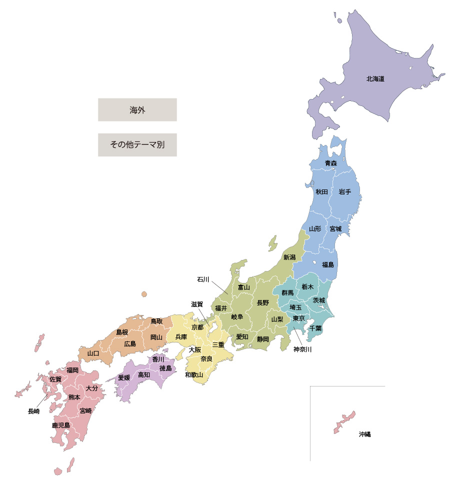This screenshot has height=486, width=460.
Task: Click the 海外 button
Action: click(x=137, y=110)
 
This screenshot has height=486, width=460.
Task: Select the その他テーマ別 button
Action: click(x=137, y=145)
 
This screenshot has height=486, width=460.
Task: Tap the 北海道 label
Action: click(x=375, y=79)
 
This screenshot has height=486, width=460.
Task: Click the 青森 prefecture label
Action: click(x=330, y=163)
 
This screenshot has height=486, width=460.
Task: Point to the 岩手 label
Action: click(x=344, y=192)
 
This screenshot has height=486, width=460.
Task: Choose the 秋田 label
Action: click(x=321, y=192)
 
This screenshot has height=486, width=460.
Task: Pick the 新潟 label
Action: click(x=289, y=257)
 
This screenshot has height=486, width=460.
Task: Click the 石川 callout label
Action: click(x=203, y=280)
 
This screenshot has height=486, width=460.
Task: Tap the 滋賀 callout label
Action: click(x=197, y=304)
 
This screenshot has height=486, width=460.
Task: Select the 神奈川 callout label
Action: click(x=302, y=349)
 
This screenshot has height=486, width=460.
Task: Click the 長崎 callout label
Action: click(x=33, y=411)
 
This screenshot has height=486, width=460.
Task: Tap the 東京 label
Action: click(x=299, y=318)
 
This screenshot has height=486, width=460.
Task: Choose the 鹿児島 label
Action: click(x=60, y=425)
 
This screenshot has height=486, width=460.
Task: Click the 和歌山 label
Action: click(x=194, y=374)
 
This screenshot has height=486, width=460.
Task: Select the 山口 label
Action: click(x=93, y=353)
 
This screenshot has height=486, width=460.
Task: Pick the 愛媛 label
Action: click(x=124, y=378)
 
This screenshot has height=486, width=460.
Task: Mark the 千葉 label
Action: click(x=315, y=328)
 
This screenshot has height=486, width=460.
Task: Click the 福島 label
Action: click(x=328, y=264)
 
